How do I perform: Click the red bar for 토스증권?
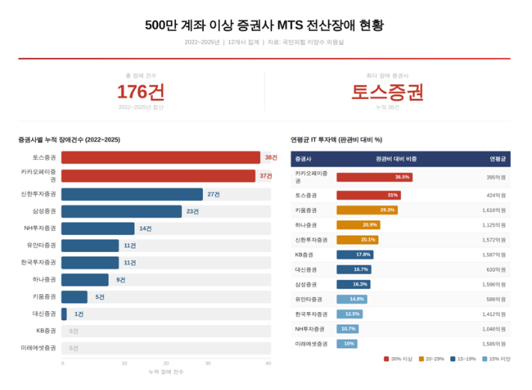click(x=160, y=157)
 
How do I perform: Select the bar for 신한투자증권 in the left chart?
click(x=132, y=194)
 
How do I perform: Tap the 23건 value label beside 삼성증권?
click(x=193, y=211)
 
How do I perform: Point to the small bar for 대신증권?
click(x=64, y=313)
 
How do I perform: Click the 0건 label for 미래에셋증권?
click(x=73, y=348)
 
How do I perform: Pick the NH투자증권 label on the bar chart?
click(x=40, y=229)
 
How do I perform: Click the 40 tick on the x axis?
click(x=267, y=363)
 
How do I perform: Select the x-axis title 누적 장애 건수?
click(x=166, y=372)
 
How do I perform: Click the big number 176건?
click(x=141, y=91)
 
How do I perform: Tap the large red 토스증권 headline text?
click(x=387, y=91)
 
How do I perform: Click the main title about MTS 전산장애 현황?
click(x=265, y=25)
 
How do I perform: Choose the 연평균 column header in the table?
click(x=498, y=159)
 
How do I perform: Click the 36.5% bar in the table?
click(x=374, y=177)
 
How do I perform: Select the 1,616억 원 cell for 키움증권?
click(x=494, y=210)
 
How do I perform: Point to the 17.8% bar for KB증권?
click(x=354, y=254)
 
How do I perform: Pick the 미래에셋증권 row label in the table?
click(x=312, y=343)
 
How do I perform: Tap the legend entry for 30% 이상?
click(x=398, y=358)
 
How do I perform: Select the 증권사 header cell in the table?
click(x=304, y=159)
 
